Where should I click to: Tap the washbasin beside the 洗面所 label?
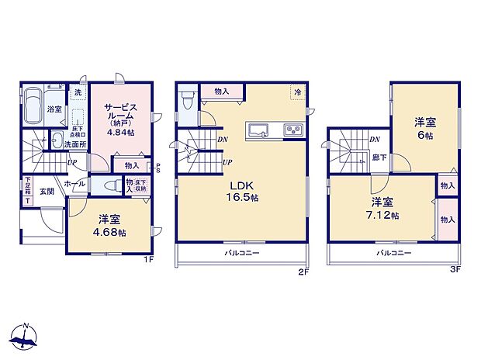click(58, 140)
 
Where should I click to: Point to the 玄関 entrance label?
click(47, 192)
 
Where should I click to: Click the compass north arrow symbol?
click(26, 336)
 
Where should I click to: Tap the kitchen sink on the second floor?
click(258, 130)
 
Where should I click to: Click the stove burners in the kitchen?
click(293, 130)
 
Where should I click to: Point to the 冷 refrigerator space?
click(297, 92)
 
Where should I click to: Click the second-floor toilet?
click(185, 101)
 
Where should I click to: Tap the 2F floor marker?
click(306, 272)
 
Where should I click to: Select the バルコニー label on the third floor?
click(394, 253)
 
